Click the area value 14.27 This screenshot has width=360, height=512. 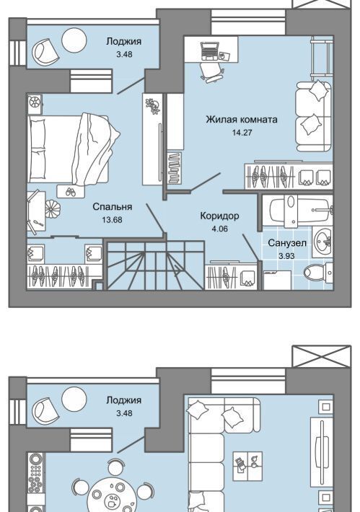(242, 133)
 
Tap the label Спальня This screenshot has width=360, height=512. (112, 207)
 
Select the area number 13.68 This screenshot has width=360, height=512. (112, 220)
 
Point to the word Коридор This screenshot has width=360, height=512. (219, 216)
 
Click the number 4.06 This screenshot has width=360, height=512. (219, 229)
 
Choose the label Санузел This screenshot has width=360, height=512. (287, 243)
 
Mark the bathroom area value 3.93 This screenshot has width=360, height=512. (287, 256)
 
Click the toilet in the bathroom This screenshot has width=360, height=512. (317, 272)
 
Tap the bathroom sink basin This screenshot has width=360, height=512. (322, 242)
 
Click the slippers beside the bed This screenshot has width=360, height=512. (71, 191)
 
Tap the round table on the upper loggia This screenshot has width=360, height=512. (74, 40)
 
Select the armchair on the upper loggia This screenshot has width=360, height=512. (45, 51)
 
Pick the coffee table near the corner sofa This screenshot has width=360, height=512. (247, 466)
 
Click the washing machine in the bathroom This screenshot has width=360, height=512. (277, 281)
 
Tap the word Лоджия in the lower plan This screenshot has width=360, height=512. (124, 400)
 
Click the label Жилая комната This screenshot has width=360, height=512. (242, 120)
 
